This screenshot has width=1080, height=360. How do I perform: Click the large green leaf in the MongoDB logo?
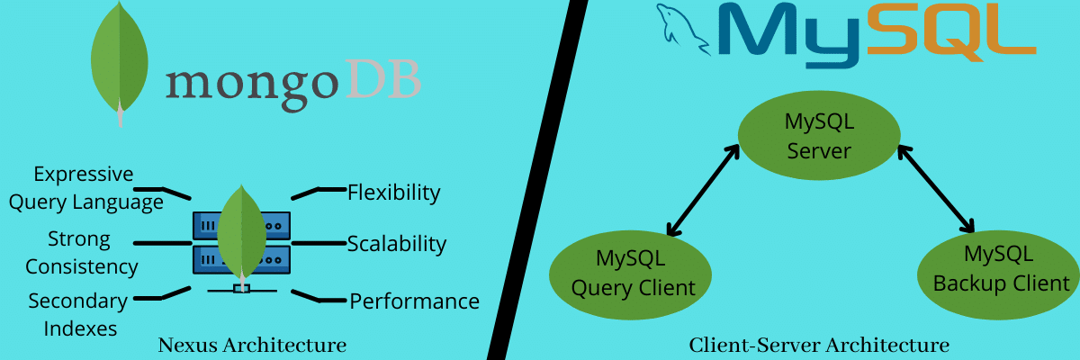[120, 58]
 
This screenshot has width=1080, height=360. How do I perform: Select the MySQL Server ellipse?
[819, 136]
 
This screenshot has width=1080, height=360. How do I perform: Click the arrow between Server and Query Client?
[702, 189]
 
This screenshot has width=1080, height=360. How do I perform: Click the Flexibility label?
[393, 193]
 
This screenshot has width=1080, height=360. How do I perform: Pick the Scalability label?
[397, 244]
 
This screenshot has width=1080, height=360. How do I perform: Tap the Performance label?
[414, 301]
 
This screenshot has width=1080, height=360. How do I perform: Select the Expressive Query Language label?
[85, 188]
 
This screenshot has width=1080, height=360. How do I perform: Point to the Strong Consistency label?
[81, 253]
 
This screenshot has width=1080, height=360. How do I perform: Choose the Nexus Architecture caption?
[252, 345]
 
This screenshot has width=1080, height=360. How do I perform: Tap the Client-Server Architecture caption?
[818, 345]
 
